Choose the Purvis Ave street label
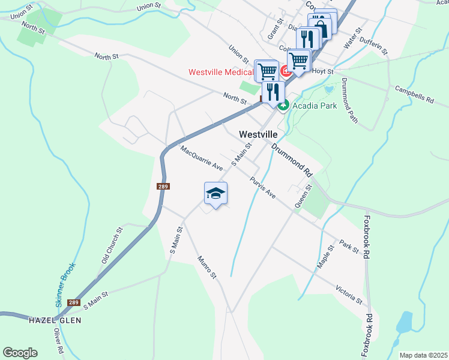(263, 187)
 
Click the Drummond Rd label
(292, 160)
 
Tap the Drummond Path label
(349, 100)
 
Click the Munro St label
(206, 266)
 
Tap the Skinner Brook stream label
(66, 285)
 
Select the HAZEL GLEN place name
(55, 320)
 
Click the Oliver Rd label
(58, 340)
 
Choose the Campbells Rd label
(414, 95)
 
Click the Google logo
(20, 353)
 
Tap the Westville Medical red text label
(220, 72)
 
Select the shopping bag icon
(322, 28)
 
